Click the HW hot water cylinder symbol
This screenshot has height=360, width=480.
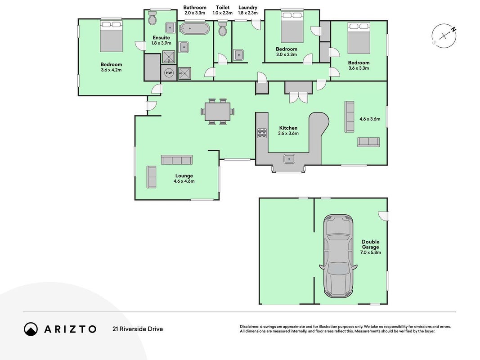click(169, 73)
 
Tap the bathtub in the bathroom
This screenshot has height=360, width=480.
click(195, 29)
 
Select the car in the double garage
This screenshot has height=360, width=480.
click(338, 256)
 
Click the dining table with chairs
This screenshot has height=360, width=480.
click(218, 112)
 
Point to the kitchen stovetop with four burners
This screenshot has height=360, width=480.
click(262, 133)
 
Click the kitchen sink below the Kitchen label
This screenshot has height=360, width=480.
click(289, 159)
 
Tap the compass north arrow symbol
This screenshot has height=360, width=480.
click(444, 36)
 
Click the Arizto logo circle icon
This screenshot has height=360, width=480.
click(31, 329)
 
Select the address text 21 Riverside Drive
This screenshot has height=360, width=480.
click(138, 329)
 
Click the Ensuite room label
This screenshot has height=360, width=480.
click(161, 38)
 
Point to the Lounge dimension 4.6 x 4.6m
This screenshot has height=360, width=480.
click(184, 181)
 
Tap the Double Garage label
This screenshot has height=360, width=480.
click(370, 244)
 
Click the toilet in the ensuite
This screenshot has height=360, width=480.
click(152, 18)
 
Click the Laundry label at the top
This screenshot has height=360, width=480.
click(248, 8)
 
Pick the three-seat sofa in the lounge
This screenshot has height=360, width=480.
click(177, 160)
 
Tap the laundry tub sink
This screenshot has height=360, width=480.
click(239, 55)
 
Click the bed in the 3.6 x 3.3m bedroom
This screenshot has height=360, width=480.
click(359, 38)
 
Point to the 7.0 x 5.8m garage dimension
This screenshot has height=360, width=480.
click(370, 252)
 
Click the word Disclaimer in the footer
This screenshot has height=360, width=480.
click(249, 327)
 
